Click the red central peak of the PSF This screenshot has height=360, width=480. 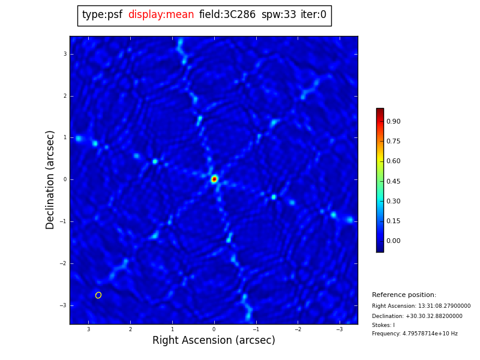coord(214,179)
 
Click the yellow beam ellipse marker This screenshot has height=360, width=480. coord(98,295)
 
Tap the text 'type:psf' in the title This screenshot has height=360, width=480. coord(102,15)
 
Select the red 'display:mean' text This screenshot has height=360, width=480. coord(161,15)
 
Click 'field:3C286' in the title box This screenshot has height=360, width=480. coord(227,15)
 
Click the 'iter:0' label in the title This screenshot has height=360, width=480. coord(313,15)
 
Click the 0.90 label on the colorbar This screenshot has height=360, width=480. coord(394,121)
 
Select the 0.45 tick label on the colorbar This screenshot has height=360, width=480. coord(394,181)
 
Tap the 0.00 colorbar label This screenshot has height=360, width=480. coord(394,241)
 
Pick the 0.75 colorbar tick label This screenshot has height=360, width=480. coord(394,141)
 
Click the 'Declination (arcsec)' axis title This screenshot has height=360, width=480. coord(50,179)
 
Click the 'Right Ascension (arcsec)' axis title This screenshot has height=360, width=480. coord(214,341)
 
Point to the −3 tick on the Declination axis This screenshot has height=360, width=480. coord(63,305)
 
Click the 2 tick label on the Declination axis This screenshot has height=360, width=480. coord(65,96)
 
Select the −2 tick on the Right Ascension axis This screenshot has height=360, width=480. coord(297,329)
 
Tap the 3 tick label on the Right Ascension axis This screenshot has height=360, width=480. coord(88,329)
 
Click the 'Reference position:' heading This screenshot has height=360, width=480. coord(404,295)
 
